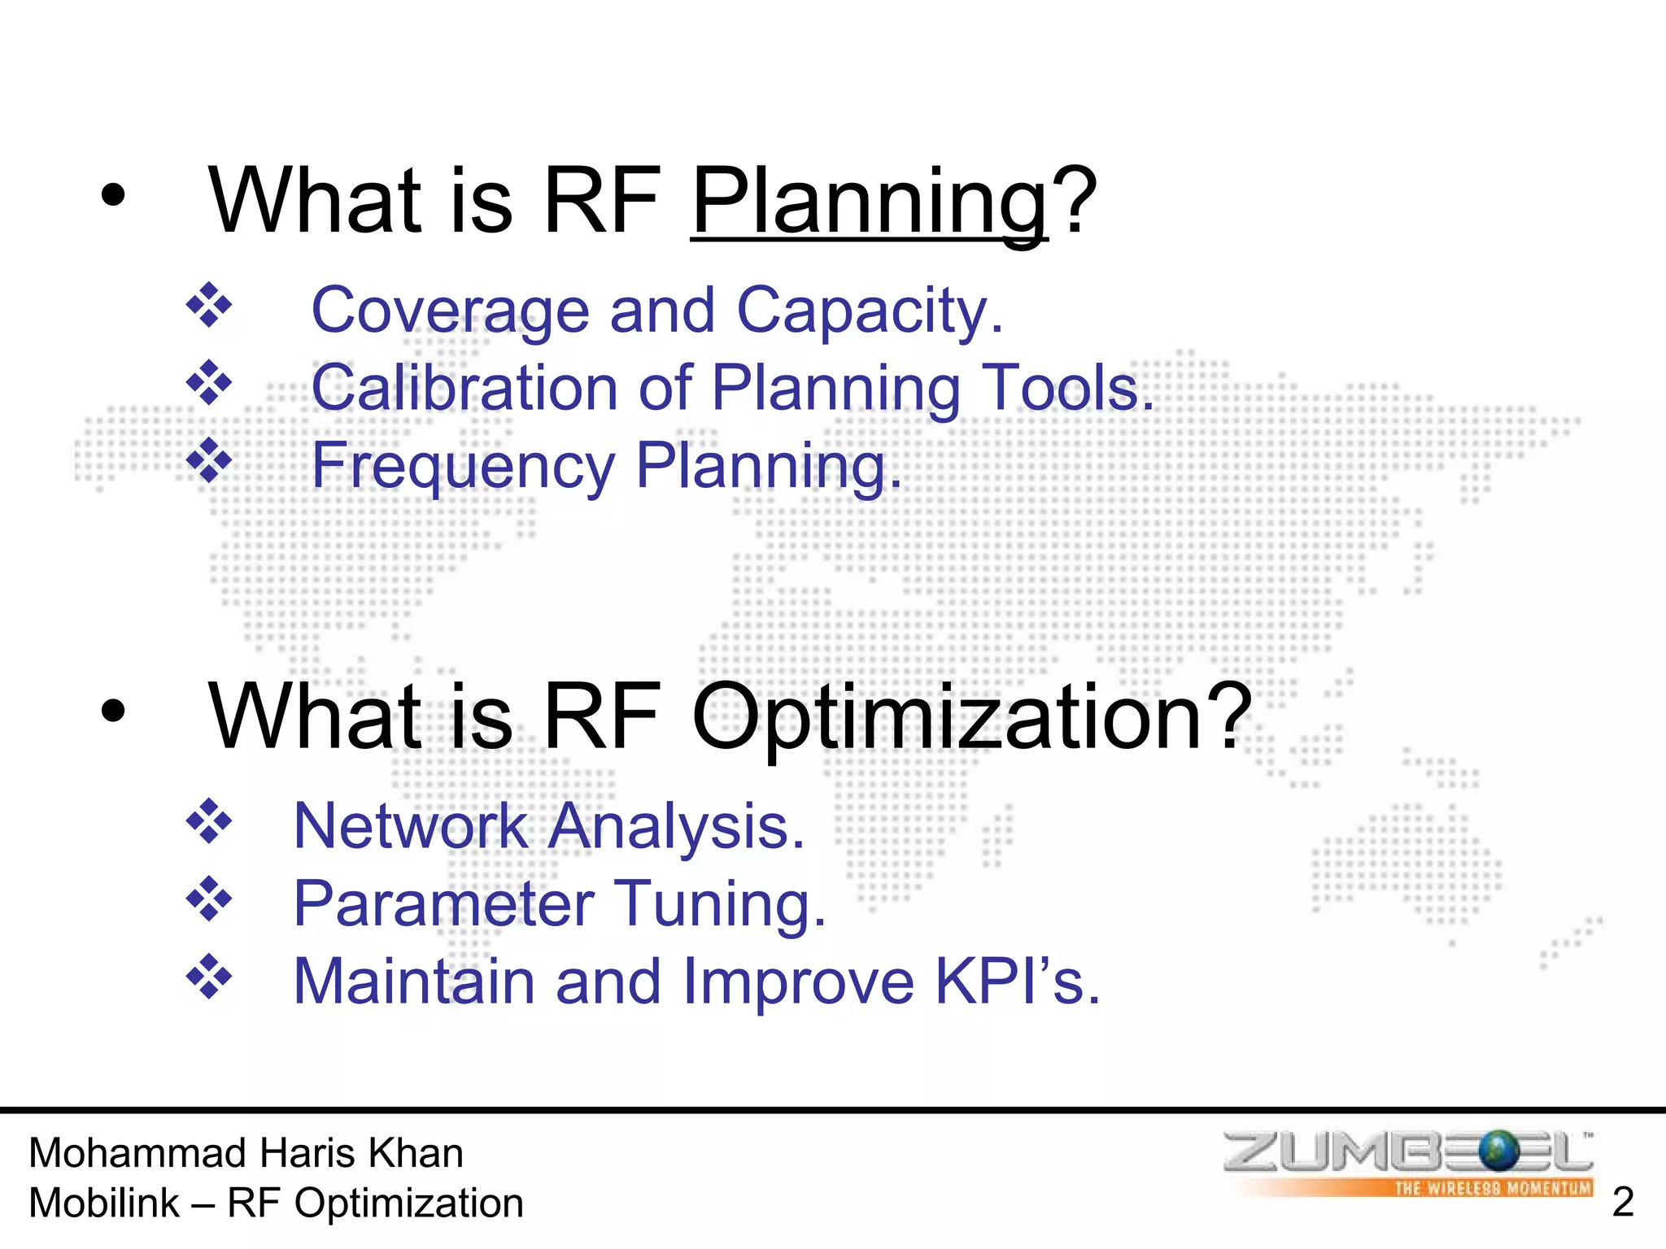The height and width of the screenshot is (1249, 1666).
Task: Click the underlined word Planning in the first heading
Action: click(x=869, y=201)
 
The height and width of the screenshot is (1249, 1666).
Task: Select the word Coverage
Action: click(x=450, y=311)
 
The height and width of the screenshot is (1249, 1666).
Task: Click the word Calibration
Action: click(x=464, y=388)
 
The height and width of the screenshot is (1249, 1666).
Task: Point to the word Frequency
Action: click(x=463, y=466)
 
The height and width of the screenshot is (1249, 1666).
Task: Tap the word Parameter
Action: click(x=443, y=903)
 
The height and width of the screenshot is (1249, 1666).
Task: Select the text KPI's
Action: click(x=1018, y=981)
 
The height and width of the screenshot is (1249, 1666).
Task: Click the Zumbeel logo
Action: click(x=1408, y=1163)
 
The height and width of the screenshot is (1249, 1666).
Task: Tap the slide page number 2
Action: click(x=1622, y=1202)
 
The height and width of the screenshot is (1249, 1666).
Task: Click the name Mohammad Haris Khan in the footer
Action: click(x=246, y=1153)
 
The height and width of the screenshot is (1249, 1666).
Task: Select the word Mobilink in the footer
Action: click(x=104, y=1203)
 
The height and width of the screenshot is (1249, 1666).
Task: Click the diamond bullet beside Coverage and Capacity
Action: click(x=209, y=306)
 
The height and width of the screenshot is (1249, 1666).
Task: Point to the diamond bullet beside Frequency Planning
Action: click(x=209, y=460)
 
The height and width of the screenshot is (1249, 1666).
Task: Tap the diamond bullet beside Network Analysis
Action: click(x=209, y=822)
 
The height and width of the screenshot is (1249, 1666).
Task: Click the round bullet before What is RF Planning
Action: click(x=114, y=195)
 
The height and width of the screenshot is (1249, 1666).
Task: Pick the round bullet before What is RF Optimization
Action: click(x=114, y=711)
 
